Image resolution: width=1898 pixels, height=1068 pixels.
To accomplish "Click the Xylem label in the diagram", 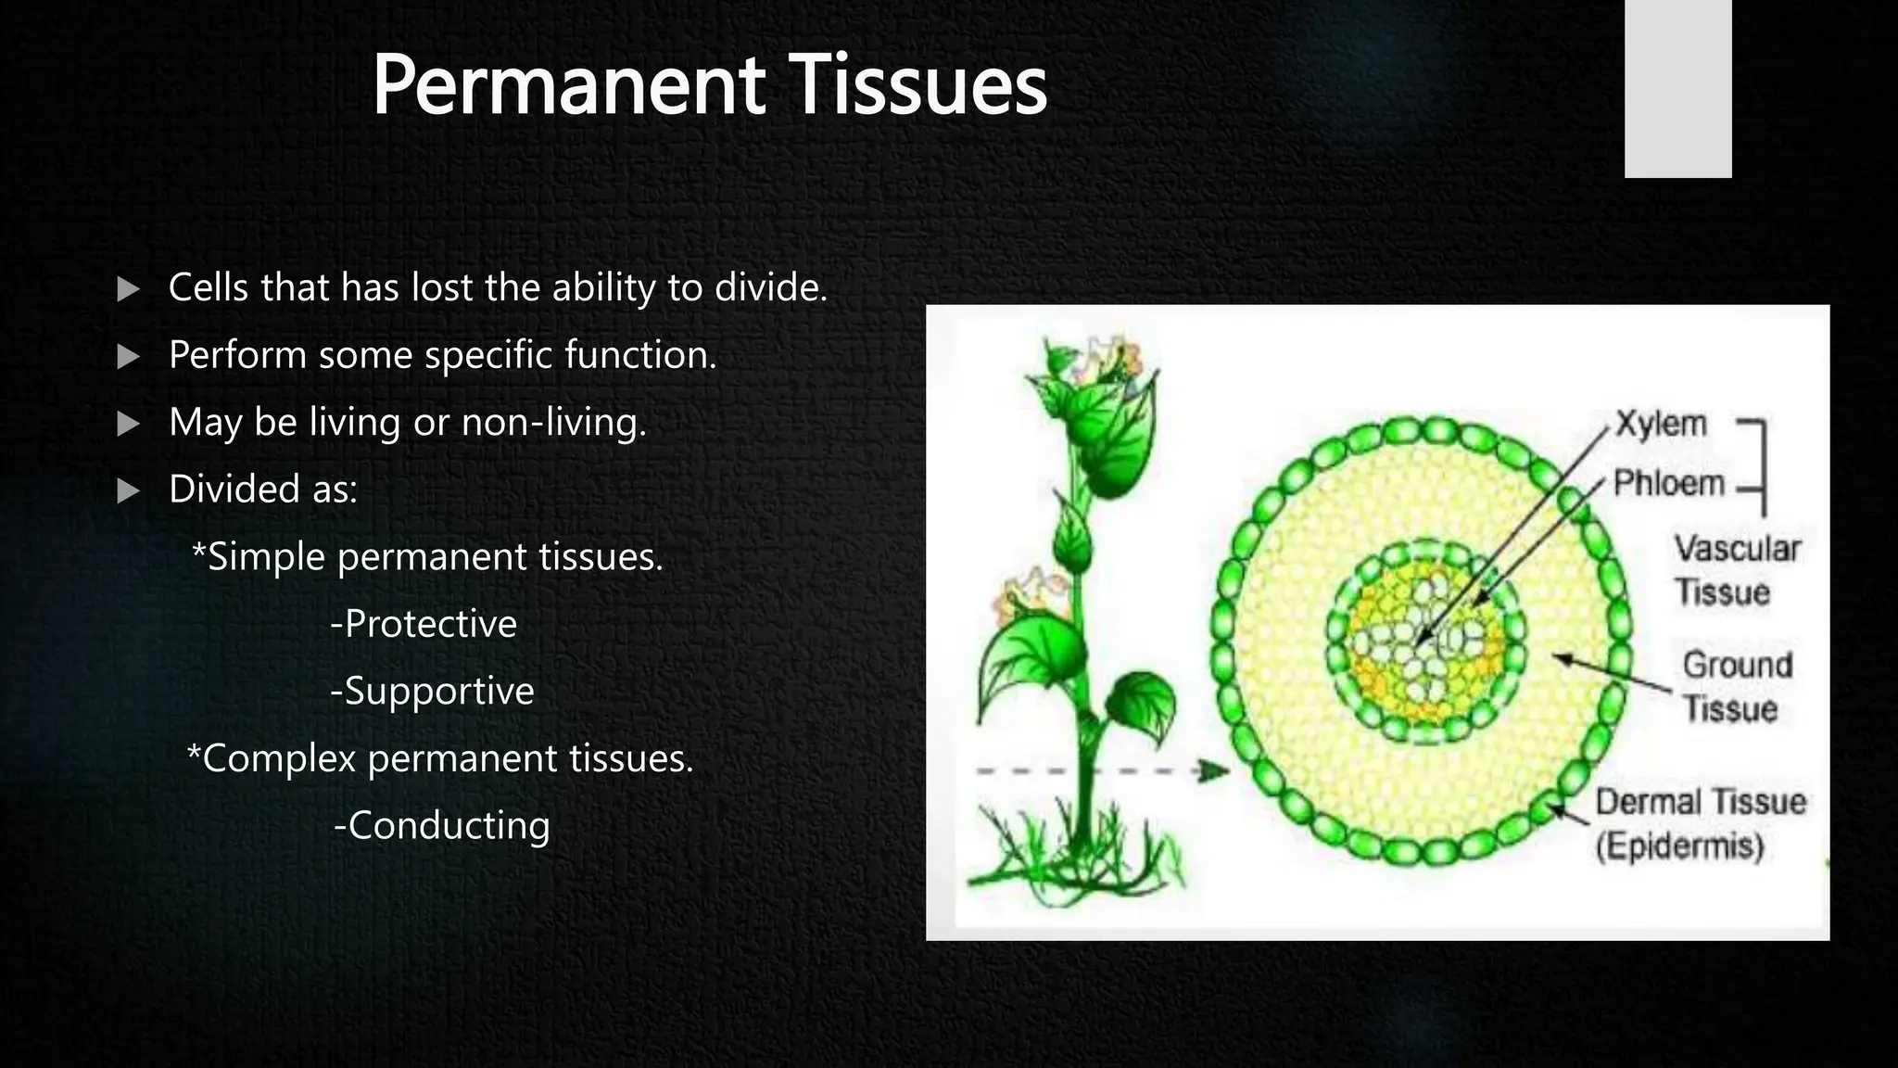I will coord(1661,424).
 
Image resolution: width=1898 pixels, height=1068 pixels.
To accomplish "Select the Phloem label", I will coord(1668,483).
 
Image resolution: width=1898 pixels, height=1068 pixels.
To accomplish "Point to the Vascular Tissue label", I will coord(1736,570).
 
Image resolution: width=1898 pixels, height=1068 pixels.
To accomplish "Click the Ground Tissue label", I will coord(1736,687).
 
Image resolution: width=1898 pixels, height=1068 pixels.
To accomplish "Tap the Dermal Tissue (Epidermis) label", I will coord(1699,823).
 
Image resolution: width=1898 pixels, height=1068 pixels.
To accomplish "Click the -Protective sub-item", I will coord(424,624).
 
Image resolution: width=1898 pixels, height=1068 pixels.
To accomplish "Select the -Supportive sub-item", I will coord(432,691).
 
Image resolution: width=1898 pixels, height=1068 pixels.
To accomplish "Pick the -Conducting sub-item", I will coord(441,825).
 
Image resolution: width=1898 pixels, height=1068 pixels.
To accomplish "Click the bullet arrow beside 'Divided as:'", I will coord(128,490).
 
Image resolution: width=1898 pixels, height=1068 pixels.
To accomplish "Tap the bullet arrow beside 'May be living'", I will coord(128,424).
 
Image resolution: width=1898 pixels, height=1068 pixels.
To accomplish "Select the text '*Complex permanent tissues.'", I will coord(440,758).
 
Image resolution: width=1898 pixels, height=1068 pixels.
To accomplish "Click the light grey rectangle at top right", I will coord(1677,88).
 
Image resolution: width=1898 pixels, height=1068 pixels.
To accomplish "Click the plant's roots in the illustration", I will coord(1075,858).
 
